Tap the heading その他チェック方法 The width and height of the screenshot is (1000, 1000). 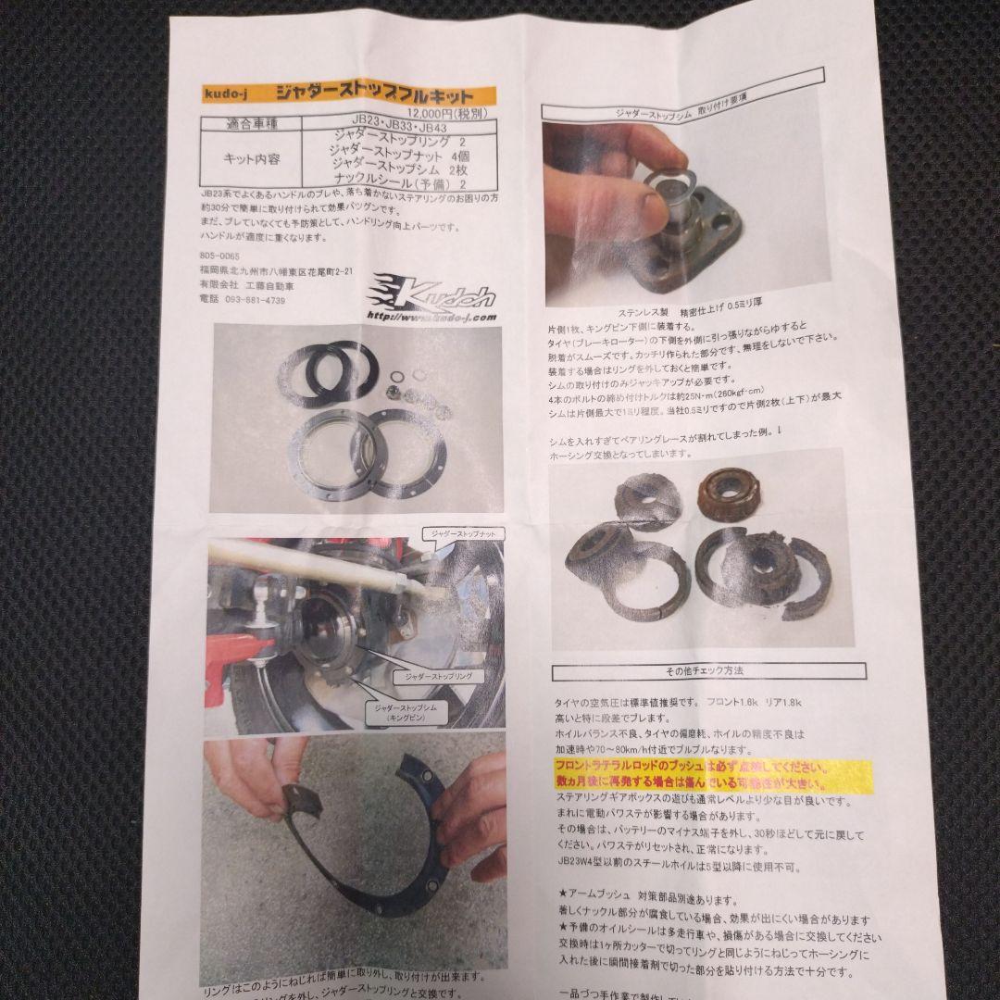[707, 671]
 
